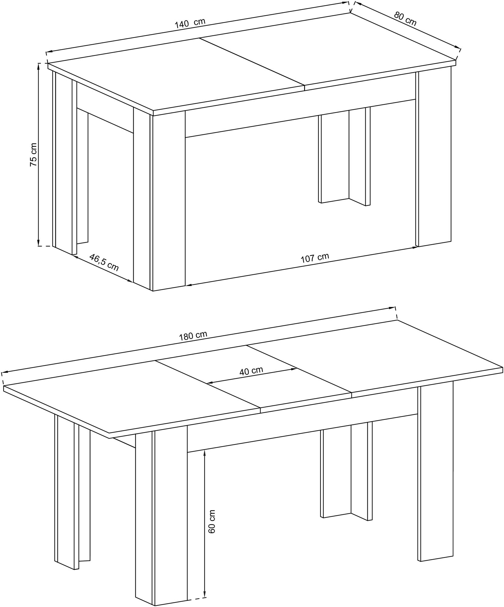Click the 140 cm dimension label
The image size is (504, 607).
coord(190,23)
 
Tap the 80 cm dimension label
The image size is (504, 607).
coord(405,19)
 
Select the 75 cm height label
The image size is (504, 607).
coord(33,154)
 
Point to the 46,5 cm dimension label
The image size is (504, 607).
coord(104,262)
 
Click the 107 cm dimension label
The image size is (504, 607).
coord(315,258)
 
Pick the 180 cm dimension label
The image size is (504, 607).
coord(193,336)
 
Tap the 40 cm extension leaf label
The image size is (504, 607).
coord(251,371)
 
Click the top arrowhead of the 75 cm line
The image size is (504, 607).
coord(39,66)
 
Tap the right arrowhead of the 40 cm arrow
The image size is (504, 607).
coord(294,369)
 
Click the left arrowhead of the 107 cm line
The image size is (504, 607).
coord(188,285)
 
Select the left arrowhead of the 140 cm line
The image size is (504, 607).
coord(50,52)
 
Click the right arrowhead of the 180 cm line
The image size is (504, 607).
coord(391,308)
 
